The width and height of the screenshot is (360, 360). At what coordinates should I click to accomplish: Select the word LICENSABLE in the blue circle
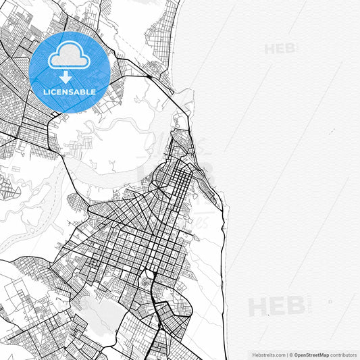pos(69,91)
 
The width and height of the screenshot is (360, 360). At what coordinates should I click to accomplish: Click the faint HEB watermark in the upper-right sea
pos(281,49)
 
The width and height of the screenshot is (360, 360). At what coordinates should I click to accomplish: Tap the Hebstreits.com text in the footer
pos(268,354)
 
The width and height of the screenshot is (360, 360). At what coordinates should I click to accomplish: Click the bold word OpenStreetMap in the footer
pos(311,354)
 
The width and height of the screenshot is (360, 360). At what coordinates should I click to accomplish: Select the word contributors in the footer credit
pos(343,354)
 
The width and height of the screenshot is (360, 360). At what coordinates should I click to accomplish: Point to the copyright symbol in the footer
pos(291,354)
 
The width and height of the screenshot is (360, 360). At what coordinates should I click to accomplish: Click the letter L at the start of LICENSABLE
pos(45,91)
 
